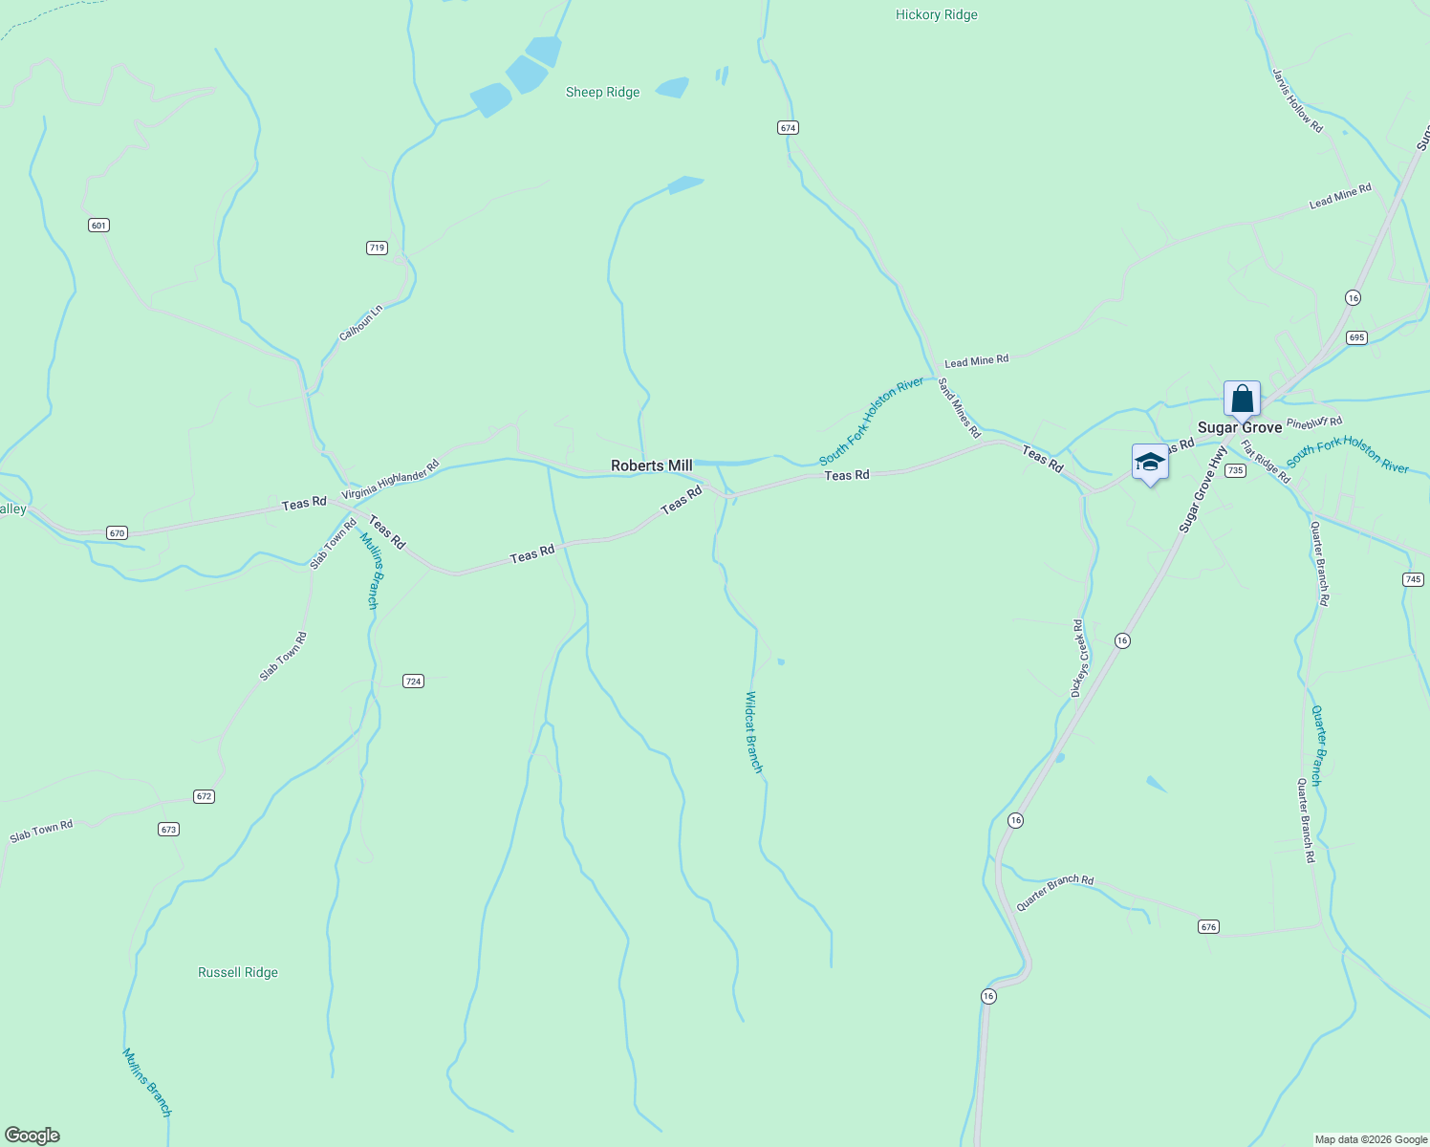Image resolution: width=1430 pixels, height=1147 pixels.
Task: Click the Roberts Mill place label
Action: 651,465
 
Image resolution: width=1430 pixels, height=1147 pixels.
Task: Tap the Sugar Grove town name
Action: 1240,427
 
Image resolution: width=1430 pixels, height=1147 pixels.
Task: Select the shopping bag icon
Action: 1242,399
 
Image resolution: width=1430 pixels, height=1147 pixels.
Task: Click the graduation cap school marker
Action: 1149,463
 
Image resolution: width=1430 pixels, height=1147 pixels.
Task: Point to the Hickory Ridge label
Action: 936,15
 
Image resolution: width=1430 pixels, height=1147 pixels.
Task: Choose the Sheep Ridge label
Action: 602,93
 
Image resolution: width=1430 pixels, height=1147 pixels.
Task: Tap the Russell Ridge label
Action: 238,972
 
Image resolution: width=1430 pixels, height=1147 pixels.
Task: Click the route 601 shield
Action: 98,226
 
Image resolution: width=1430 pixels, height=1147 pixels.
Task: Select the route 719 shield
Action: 377,248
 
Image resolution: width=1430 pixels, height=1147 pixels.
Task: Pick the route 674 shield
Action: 788,127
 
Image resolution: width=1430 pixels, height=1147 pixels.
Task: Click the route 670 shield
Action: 117,532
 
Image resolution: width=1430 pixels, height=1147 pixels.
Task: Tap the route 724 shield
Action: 413,682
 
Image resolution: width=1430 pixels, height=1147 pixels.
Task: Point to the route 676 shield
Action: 1208,926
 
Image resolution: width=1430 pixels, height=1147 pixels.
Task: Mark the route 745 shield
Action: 1413,579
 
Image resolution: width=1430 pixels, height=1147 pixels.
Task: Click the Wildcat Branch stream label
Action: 753,732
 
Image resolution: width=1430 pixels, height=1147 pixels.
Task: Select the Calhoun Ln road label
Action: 361,323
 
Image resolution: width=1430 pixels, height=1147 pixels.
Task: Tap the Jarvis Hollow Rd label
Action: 1297,100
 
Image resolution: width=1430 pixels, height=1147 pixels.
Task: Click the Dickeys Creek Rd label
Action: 1079,658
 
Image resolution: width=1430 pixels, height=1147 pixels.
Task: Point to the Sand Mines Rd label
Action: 959,408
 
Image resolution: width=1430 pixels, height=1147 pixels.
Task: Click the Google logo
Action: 32,1136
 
